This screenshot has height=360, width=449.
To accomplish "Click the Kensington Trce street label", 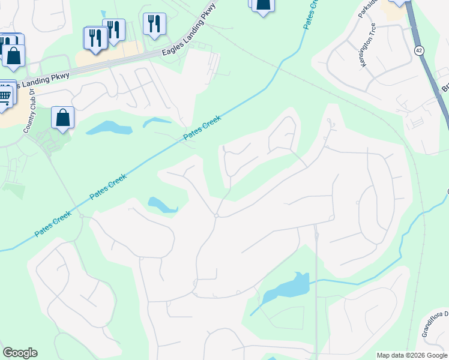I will (369, 46).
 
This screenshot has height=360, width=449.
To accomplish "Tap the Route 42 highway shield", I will (419, 50).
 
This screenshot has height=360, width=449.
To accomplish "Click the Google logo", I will (20, 353).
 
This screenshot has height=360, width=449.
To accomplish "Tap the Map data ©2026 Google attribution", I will (412, 355).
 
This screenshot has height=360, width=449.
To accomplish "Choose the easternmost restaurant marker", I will (154, 24).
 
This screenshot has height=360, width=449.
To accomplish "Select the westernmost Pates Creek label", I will (53, 223).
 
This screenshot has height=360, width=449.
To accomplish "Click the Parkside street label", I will (368, 9).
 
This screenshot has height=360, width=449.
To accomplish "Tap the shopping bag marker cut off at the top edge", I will (262, 4).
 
